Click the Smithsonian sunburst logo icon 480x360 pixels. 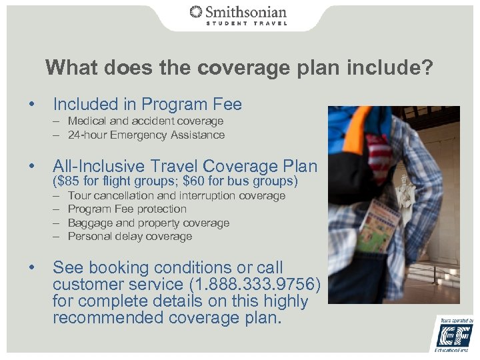click(x=196, y=12)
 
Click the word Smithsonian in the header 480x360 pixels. click(x=246, y=12)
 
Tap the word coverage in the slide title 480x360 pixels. click(x=246, y=68)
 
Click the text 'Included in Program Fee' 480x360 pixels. click(x=147, y=105)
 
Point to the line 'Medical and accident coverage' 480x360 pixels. click(x=145, y=121)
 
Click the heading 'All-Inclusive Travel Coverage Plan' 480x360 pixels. click(x=185, y=166)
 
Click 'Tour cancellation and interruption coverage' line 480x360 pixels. click(x=177, y=196)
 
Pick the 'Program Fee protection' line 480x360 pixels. click(x=127, y=209)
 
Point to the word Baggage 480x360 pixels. click(x=90, y=223)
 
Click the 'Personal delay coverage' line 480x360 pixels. click(x=130, y=236)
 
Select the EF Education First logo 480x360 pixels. click(x=455, y=333)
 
